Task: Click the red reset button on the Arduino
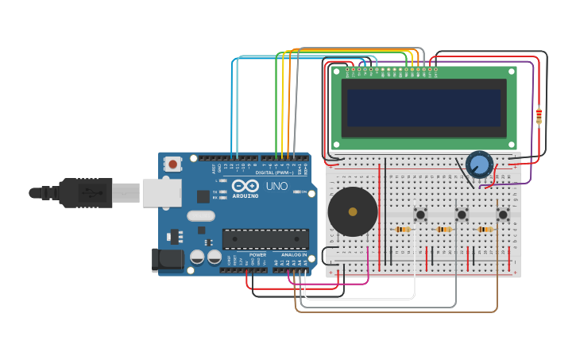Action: [172, 165]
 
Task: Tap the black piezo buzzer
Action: [353, 211]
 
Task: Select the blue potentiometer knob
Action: [479, 165]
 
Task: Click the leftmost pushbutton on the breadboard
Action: [420, 215]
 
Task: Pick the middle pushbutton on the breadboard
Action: [462, 215]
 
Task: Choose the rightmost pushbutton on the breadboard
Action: [503, 215]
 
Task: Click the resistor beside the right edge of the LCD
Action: [539, 116]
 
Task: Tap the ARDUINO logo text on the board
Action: [245, 195]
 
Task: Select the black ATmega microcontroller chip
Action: [265, 238]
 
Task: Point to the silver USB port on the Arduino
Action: [161, 192]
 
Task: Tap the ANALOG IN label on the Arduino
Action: [293, 254]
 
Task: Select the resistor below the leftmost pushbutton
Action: [403, 230]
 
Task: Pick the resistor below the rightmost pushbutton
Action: [485, 230]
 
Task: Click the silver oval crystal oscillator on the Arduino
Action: [201, 215]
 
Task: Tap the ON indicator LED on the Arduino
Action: [297, 192]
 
